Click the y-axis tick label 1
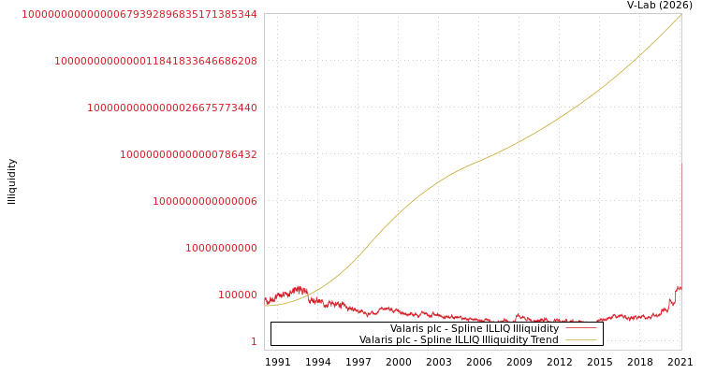pos(253,341)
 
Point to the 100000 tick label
pos(238,295)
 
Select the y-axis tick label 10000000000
pos(221,248)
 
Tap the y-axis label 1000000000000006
pos(205,201)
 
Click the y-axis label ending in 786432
pos(188,154)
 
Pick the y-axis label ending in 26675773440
pos(172,108)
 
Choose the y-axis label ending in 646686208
pos(155,61)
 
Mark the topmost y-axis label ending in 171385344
pos(139,14)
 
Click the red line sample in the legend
pos(580,328)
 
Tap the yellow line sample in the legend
pos(580,339)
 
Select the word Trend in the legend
pos(544,339)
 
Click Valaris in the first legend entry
pos(408,328)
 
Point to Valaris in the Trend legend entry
pos(377,339)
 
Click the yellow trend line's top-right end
pos(680,15)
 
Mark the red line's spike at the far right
pos(679,288)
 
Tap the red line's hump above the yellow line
pos(298,289)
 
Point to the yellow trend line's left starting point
pos(266,305)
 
